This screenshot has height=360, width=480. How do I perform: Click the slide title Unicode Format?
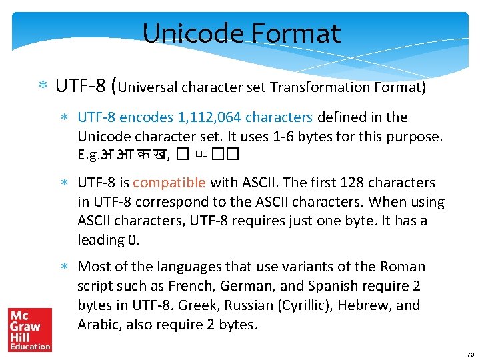click(x=241, y=33)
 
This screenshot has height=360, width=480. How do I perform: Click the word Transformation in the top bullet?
click(x=312, y=87)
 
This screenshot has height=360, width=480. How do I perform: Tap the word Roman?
click(x=402, y=267)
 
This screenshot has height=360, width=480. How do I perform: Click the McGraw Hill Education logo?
click(x=29, y=329)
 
